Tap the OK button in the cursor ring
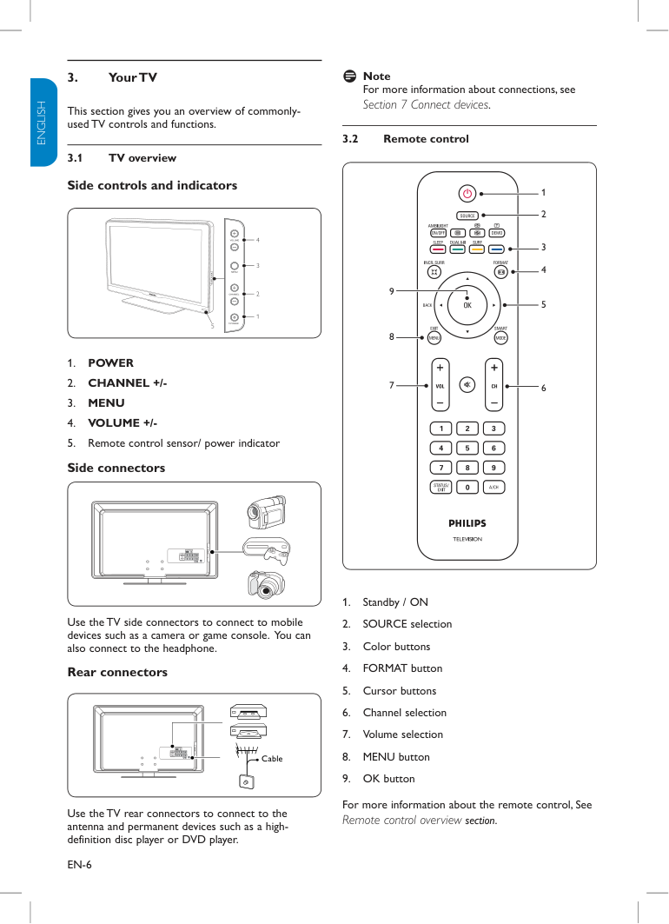pyautogui.click(x=467, y=305)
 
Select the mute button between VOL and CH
pyautogui.click(x=467, y=385)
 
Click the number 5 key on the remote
pyautogui.click(x=467, y=448)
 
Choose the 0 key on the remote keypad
pyautogui.click(x=467, y=487)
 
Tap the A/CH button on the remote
pyautogui.click(x=493, y=487)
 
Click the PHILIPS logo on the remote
pyautogui.click(x=467, y=523)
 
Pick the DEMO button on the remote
pyautogui.click(x=497, y=232)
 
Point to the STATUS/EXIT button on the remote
pyautogui.click(x=440, y=487)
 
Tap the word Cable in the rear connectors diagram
pyautogui.click(x=272, y=759)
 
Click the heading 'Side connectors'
pyautogui.click(x=116, y=468)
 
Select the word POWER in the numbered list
pyautogui.click(x=110, y=362)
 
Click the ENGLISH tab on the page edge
pyautogui.click(x=41, y=122)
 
